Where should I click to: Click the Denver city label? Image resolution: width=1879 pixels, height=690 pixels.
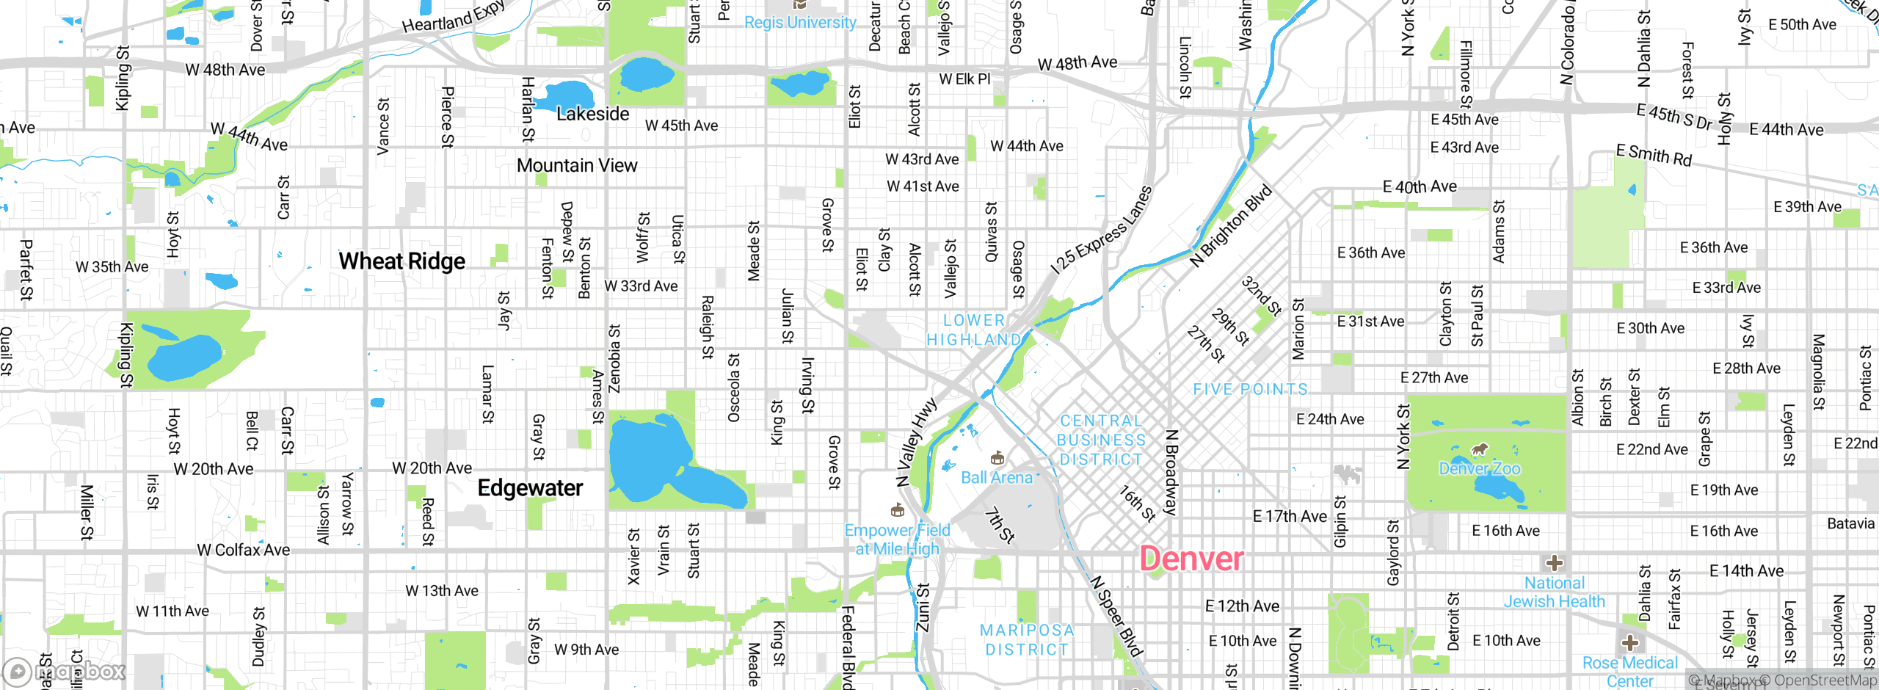[x=1191, y=559]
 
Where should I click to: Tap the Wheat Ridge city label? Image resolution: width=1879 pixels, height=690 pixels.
[x=401, y=261]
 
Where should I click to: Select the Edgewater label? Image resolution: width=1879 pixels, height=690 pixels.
[x=530, y=488]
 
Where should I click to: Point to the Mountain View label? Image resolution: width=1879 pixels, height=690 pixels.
[x=577, y=166]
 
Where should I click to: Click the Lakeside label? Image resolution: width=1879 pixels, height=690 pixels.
[x=592, y=115]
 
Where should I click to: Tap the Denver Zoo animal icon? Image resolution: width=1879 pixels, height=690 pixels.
[x=1480, y=449]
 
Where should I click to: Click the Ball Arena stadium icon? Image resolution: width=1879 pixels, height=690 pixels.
[x=997, y=459]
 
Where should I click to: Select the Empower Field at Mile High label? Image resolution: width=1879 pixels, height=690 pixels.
[x=897, y=540]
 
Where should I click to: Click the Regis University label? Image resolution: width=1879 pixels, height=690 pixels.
[x=800, y=23]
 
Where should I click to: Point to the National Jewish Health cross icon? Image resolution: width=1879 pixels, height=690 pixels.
[x=1554, y=563]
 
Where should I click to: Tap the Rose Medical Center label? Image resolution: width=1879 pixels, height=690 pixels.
[x=1629, y=672]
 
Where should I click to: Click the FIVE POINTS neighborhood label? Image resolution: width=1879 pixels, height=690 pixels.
[x=1250, y=389]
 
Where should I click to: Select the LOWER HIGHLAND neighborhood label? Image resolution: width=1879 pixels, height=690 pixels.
[x=973, y=330]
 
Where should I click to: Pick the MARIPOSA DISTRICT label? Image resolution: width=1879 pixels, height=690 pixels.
[x=1027, y=640]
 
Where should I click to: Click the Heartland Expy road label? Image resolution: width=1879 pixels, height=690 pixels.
[x=453, y=17]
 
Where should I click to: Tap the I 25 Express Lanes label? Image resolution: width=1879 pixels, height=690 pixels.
[x=1101, y=230]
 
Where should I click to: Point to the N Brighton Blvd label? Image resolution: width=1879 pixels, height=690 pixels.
[x=1230, y=225]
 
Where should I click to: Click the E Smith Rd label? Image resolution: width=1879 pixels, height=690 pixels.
[x=1653, y=155]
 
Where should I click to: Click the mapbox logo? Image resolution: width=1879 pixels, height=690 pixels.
[x=65, y=671]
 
